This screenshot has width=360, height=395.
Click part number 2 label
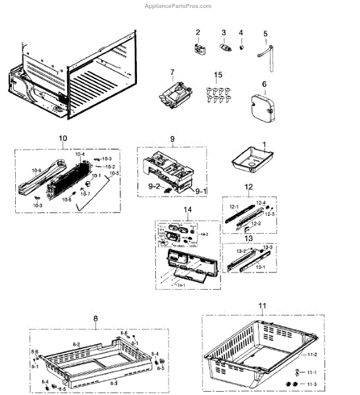[197, 32]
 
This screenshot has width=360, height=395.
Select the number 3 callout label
[223, 32]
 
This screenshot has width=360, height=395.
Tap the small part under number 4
[241, 47]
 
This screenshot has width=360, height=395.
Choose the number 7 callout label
[172, 72]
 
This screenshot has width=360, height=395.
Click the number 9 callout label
[172, 139]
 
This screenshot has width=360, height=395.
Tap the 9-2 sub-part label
[153, 186]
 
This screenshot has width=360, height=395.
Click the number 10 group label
[63, 138]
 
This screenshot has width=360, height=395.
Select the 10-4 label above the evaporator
[80, 154]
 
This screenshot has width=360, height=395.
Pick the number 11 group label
[262, 306]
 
